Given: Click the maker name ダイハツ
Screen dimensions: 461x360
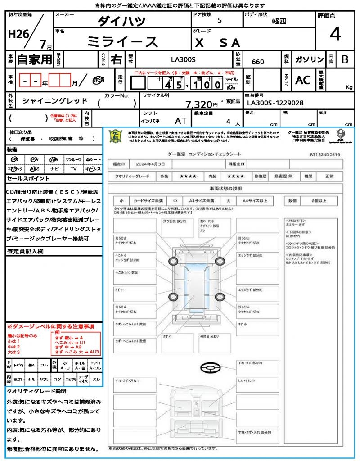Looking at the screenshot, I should point(122,21).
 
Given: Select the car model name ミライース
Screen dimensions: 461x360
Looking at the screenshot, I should point(122,42).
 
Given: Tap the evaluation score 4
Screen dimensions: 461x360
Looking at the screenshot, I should point(335,34).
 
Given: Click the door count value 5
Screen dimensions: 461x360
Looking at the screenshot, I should point(219,21).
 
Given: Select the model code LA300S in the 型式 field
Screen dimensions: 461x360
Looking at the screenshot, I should point(183,59).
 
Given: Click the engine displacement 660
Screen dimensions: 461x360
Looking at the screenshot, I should point(258,62).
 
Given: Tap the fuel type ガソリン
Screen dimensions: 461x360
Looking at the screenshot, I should point(309,59).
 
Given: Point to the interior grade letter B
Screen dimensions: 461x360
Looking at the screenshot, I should point(345,59).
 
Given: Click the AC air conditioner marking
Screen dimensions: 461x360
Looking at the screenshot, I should point(303,80).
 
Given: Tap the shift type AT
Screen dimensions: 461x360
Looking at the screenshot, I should point(180,121).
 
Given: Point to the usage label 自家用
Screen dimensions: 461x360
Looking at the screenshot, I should point(35,59).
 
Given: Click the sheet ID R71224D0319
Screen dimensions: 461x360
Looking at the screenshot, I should point(325,154).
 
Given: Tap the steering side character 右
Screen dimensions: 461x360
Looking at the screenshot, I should point(116,59).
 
